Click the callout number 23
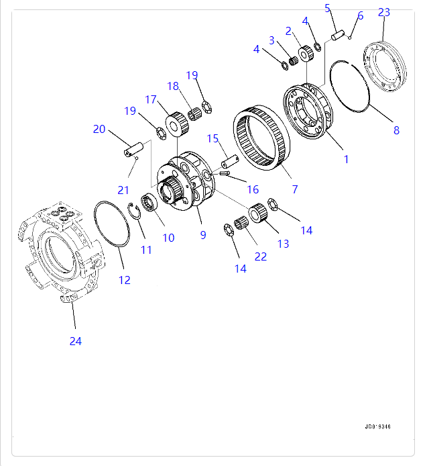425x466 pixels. [x=383, y=12]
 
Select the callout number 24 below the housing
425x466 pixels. [x=75, y=341]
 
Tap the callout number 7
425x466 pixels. [x=294, y=190]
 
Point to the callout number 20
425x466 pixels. [x=99, y=129]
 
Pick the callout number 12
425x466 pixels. [x=125, y=280]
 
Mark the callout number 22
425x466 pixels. [x=260, y=256]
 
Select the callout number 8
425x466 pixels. [x=396, y=130]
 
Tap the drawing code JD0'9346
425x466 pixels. [x=378, y=426]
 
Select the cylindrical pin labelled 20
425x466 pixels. [x=133, y=148]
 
